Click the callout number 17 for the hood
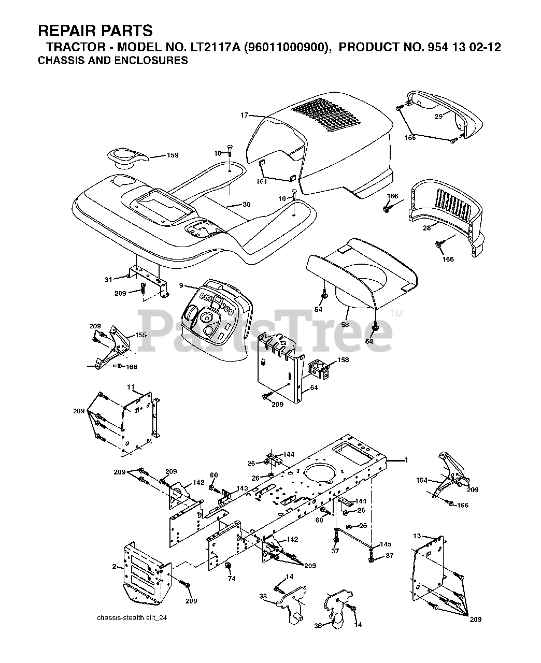(245, 116)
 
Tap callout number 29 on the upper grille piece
(438, 117)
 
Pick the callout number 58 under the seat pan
(344, 324)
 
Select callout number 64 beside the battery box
(314, 387)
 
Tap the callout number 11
(131, 387)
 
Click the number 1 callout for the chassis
(406, 460)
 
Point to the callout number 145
(386, 544)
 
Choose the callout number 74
(232, 579)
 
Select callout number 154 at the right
(422, 480)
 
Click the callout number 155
(140, 335)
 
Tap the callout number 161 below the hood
(261, 181)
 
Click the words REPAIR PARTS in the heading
(95, 31)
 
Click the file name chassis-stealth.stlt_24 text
(132, 617)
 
